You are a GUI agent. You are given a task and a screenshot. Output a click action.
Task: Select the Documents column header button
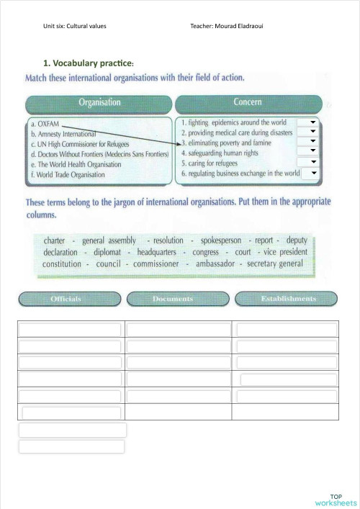coord(173,299)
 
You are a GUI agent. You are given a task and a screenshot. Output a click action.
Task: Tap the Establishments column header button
coord(288,299)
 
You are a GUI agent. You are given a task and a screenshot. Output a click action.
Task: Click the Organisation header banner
coord(99,103)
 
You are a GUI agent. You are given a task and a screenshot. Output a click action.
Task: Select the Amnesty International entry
coord(64,134)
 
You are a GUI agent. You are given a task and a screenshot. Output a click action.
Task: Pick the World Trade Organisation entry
coord(68,174)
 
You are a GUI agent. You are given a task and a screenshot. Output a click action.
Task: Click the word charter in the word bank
coord(55,240)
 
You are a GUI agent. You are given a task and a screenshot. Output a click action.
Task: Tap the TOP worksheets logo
coord(335,500)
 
